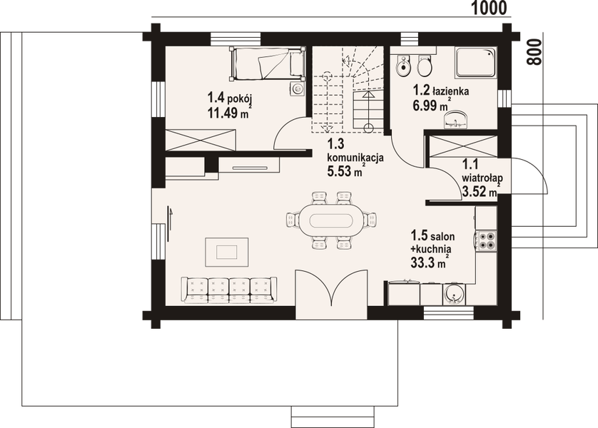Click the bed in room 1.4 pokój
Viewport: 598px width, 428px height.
click(267, 64)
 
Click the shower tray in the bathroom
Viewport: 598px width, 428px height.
click(476, 63)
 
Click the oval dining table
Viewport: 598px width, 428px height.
click(329, 220)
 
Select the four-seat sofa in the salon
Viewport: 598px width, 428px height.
click(229, 288)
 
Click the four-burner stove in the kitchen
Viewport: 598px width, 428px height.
click(487, 242)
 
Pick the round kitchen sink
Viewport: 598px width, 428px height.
click(453, 293)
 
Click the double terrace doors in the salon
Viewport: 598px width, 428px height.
click(330, 293)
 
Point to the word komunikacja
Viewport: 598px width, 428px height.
click(355, 157)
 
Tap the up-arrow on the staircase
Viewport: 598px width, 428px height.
click(368, 96)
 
